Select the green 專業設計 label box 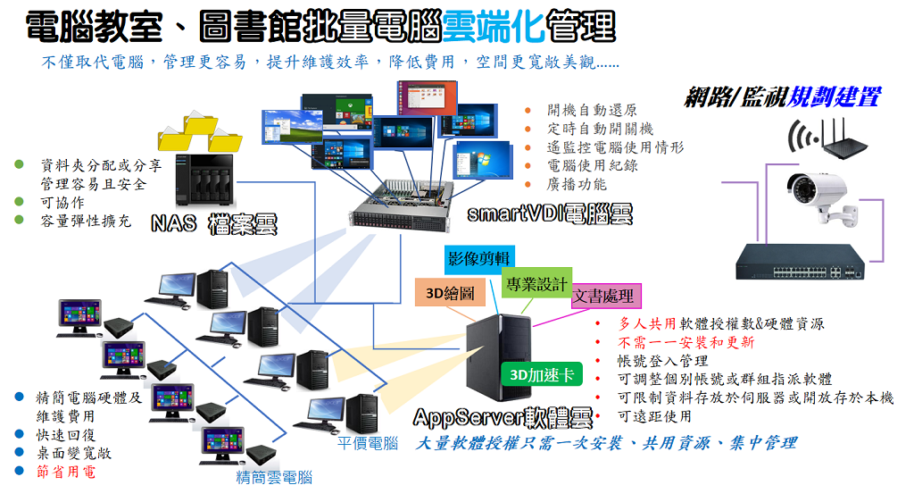[536, 284]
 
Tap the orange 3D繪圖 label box [450, 292]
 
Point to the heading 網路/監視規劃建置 [782, 97]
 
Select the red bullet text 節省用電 [66, 471]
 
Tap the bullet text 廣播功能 [577, 184]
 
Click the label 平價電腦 [368, 443]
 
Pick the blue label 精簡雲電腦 [274, 477]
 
